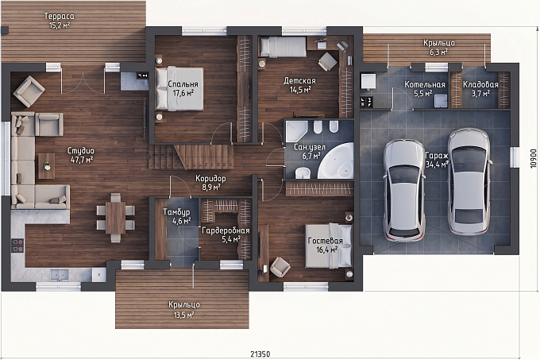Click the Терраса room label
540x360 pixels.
[60, 16]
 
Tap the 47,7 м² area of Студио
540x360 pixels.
[82, 160]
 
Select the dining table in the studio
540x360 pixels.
[115, 218]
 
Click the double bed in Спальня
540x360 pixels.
[179, 89]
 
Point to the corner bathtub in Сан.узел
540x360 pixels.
[337, 161]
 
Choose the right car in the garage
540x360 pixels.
[469, 181]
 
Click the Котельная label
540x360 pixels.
[425, 84]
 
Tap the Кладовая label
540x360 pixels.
[480, 84]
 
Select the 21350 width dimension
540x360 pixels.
[260, 354]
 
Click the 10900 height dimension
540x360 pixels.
[534, 158]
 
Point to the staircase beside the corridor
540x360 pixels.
[191, 157]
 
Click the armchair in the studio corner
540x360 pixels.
[29, 91]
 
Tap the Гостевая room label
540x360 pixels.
[325, 241]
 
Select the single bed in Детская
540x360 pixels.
[283, 47]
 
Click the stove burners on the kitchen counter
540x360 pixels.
[17, 245]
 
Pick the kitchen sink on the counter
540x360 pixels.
[60, 275]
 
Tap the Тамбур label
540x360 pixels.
[176, 212]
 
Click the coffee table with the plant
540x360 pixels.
[47, 166]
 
